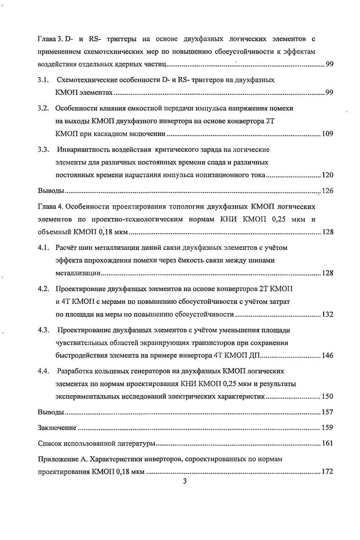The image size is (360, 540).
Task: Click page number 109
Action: [327, 134]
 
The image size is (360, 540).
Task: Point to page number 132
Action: [327, 314]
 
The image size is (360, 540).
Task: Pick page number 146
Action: [327, 355]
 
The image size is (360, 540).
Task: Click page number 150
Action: [327, 396]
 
